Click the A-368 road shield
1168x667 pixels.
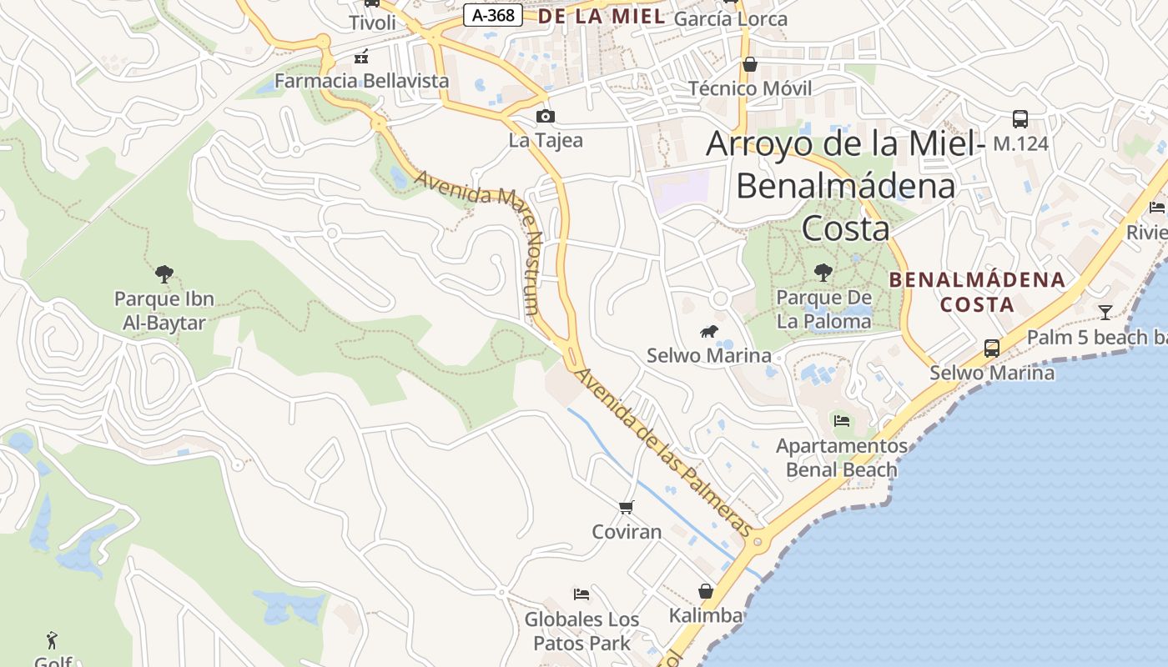[493, 15]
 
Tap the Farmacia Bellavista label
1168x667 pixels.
[361, 81]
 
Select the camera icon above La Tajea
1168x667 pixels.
[546, 117]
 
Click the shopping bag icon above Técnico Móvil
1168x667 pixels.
[750, 64]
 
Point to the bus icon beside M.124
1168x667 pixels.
[1019, 119]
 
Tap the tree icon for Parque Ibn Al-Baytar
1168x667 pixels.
[164, 273]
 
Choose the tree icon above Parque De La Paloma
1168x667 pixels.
[823, 272]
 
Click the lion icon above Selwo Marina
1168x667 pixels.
[709, 333]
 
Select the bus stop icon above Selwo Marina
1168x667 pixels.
[991, 349]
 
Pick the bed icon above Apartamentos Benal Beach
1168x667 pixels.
[842, 421]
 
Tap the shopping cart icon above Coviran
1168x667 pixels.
[627, 507]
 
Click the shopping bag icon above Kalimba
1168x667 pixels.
[706, 592]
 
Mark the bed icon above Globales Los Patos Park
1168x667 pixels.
[581, 594]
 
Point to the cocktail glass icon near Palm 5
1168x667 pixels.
[1105, 313]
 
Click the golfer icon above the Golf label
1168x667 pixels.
[53, 640]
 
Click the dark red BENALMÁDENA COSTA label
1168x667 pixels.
[977, 292]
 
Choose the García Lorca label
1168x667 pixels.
[730, 18]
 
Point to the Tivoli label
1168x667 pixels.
[372, 23]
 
